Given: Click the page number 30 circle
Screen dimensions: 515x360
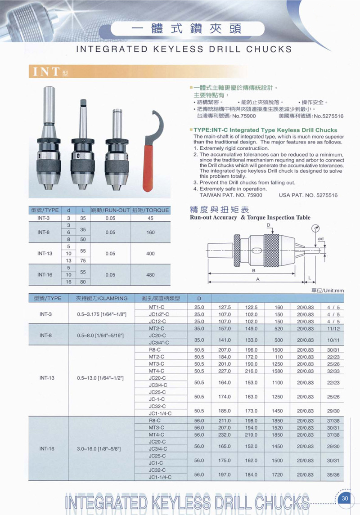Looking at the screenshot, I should click(x=345, y=498).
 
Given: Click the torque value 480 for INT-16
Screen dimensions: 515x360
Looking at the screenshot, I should click(x=150, y=275).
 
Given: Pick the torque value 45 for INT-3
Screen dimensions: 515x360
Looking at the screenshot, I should click(x=150, y=218).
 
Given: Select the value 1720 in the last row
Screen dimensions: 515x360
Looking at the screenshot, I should click(x=277, y=475).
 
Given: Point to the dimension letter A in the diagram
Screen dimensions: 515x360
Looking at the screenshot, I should click(x=257, y=279).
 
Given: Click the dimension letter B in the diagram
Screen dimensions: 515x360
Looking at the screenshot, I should click(x=253, y=271).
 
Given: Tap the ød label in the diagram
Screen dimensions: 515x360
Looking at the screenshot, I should click(x=320, y=239).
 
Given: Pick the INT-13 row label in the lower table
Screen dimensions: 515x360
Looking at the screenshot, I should click(x=46, y=378).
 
